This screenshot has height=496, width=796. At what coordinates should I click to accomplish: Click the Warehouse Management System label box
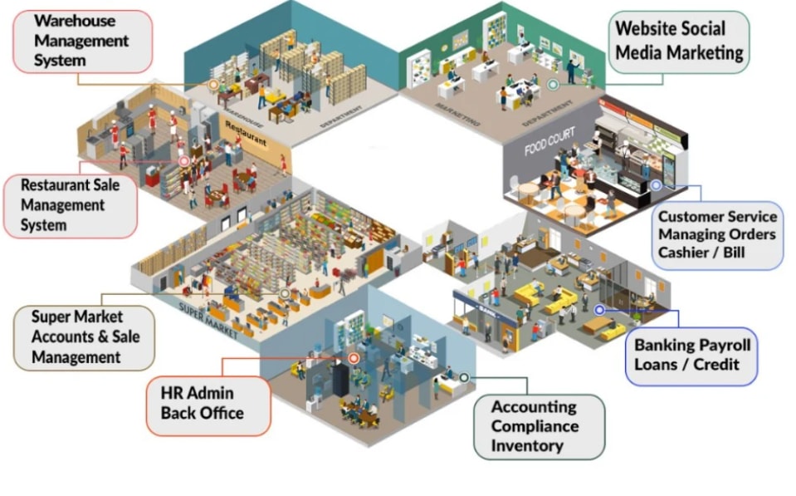(x=83, y=41)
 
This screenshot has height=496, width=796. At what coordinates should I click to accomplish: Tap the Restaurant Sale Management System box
(x=71, y=205)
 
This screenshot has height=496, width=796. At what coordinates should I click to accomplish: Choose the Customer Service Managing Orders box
(x=717, y=235)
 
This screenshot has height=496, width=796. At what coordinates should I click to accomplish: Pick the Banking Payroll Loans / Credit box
(x=691, y=355)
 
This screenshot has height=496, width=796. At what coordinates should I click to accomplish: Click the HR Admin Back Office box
(x=208, y=405)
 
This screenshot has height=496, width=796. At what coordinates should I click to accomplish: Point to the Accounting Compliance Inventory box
(x=539, y=426)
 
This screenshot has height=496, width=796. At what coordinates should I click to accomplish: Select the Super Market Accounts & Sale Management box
(x=85, y=337)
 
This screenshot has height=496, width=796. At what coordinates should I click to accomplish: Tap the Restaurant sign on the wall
(x=246, y=129)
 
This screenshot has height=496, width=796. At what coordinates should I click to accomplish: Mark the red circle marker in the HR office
(x=354, y=358)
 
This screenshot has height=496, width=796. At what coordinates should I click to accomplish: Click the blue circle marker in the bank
(x=599, y=310)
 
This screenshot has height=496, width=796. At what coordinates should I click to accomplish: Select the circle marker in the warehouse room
(x=213, y=84)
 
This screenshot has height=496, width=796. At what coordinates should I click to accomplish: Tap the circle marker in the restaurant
(x=184, y=162)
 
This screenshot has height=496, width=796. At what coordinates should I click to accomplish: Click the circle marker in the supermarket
(x=285, y=293)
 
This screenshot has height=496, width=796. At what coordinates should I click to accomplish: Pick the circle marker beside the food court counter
(x=656, y=185)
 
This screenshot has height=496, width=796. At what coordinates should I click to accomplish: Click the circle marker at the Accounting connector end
(x=464, y=377)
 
